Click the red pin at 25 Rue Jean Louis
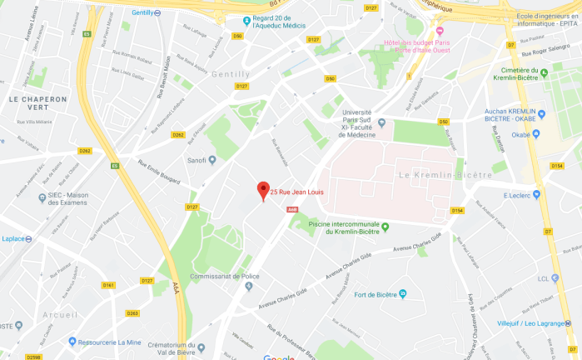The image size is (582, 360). coord(263,190)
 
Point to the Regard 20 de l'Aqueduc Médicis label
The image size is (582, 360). coord(283,25)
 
